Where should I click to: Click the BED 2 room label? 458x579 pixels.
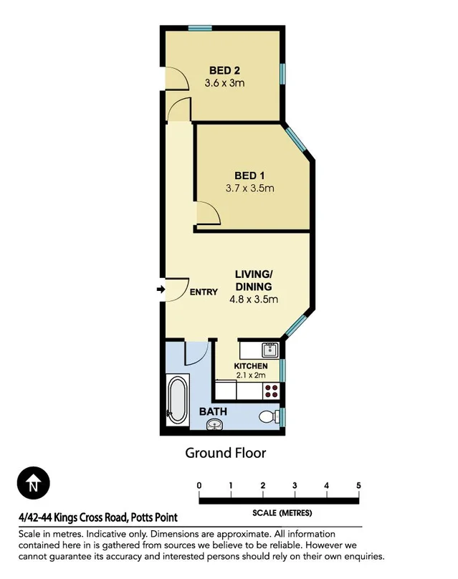click(x=224, y=70)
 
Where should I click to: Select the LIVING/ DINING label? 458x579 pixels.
click(x=254, y=281)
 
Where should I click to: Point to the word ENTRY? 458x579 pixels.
click(x=204, y=292)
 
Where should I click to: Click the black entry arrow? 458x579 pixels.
click(x=160, y=290)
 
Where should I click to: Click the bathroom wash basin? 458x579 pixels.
click(x=216, y=426)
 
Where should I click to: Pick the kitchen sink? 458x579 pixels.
click(x=270, y=350)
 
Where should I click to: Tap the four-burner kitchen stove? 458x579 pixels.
click(x=272, y=391)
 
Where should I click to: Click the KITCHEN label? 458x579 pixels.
click(x=251, y=366)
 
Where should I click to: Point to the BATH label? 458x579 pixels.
click(x=213, y=411)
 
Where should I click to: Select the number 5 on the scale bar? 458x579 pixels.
click(x=358, y=485)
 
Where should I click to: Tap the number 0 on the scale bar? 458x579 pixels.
click(x=199, y=485)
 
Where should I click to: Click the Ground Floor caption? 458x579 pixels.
click(x=226, y=452)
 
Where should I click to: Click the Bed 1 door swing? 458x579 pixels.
click(x=207, y=214)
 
